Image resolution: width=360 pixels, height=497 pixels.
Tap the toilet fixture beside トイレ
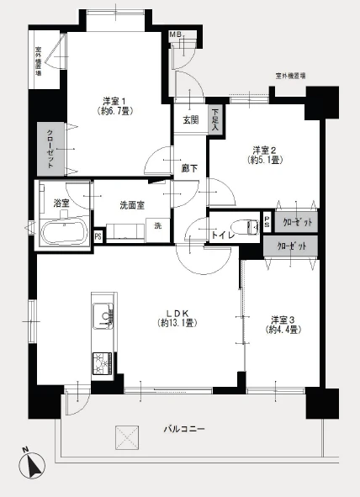(x=249, y=225)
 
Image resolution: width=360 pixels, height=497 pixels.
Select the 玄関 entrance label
(x=191, y=119)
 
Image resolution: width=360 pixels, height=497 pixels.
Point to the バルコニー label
(x=184, y=430)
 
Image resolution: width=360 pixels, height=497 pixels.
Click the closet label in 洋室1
(x=50, y=148)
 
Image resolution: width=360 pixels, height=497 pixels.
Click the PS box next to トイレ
(x=267, y=223)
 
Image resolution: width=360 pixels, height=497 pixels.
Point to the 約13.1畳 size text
(x=178, y=323)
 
